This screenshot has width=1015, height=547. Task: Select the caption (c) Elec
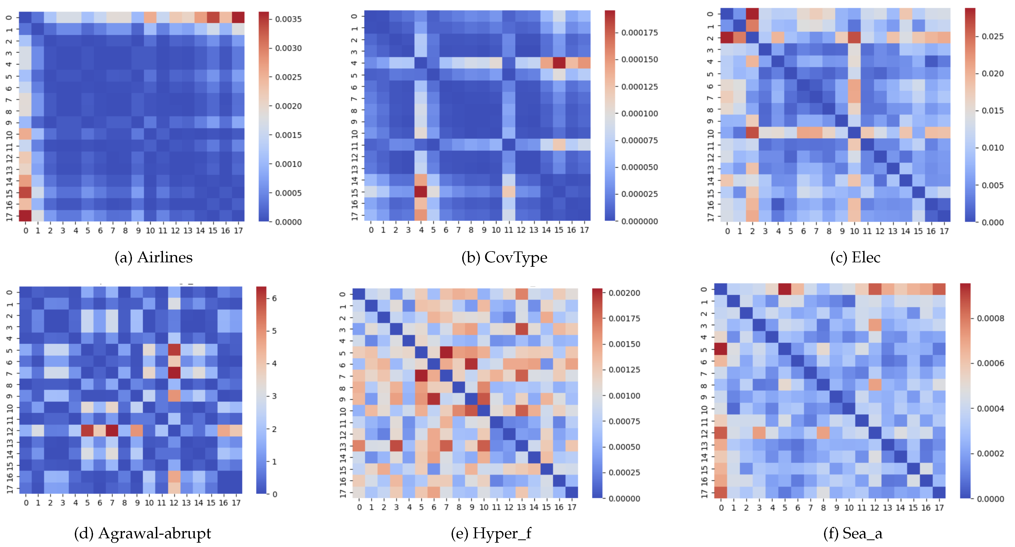pyautogui.click(x=855, y=257)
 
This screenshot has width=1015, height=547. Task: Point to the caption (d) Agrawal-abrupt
pyautogui.click(x=142, y=533)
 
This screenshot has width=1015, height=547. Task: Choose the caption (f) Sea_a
pyautogui.click(x=853, y=533)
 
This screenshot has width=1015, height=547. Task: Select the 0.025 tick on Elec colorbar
pyautogui.click(x=992, y=36)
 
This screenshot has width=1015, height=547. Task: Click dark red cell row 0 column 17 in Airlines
pyautogui.click(x=238, y=17)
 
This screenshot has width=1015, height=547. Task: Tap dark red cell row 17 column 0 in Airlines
pyautogui.click(x=25, y=216)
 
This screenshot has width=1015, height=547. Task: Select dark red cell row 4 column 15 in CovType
pyautogui.click(x=559, y=63)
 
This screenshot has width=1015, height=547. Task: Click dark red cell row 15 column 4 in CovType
pyautogui.click(x=421, y=192)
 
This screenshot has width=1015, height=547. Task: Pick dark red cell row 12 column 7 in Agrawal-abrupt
pyautogui.click(x=112, y=430)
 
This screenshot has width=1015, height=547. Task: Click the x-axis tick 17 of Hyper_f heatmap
pyautogui.click(x=572, y=508)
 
